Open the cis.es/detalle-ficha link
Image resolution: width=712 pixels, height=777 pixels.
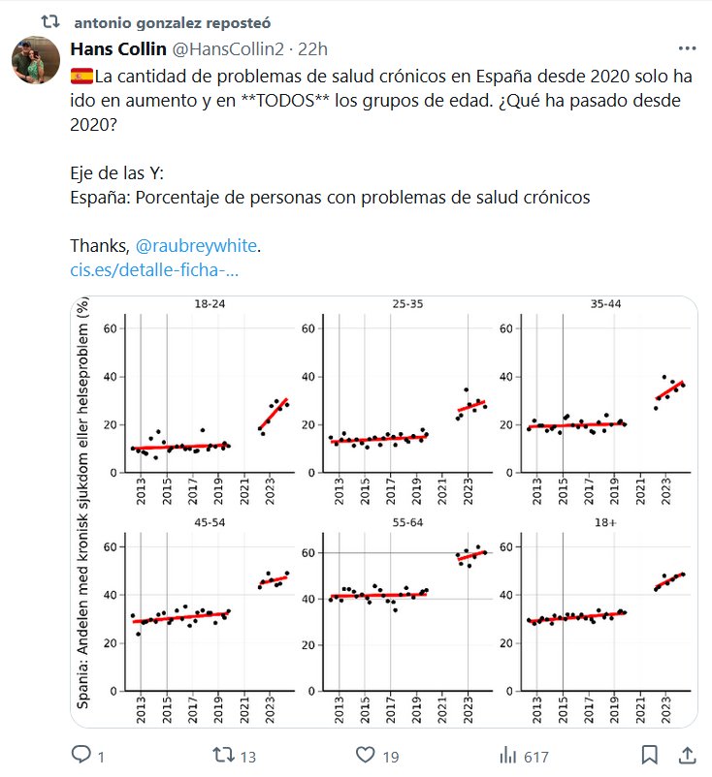click(x=154, y=269)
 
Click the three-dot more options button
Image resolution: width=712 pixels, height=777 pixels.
click(x=688, y=48)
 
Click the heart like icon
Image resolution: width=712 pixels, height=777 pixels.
click(x=365, y=754)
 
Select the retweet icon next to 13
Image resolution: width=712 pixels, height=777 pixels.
click(x=222, y=754)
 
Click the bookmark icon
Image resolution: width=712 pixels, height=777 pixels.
click(x=650, y=754)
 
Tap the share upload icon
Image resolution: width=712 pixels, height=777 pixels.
click(x=687, y=754)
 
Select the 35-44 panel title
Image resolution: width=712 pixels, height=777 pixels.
click(x=605, y=305)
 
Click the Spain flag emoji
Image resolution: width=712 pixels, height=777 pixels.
click(x=81, y=76)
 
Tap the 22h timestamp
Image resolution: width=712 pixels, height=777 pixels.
click(x=312, y=49)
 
